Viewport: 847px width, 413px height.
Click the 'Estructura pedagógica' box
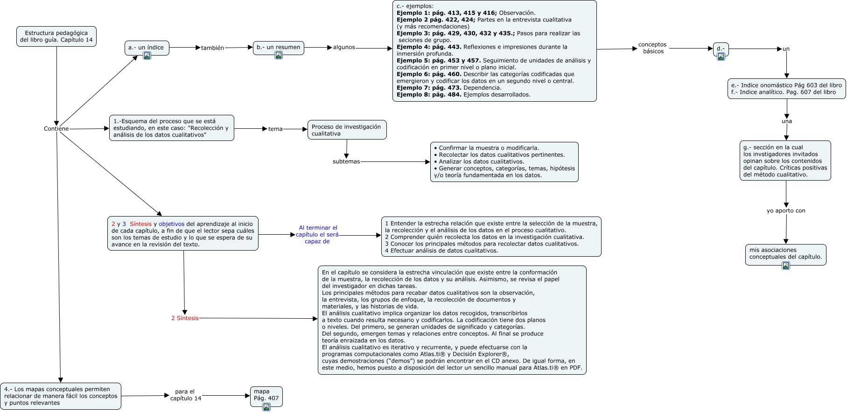coord(56,36)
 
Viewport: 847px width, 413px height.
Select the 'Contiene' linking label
coord(56,129)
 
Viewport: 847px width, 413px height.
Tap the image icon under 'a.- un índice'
coord(147,56)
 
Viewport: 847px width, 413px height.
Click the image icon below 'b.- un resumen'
coord(279,55)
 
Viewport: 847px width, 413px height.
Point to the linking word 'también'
coord(212,48)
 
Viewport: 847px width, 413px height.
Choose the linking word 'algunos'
coord(344,48)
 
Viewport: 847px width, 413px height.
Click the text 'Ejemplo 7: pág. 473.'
coord(429,88)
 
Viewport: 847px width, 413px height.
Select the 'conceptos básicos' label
coord(652,48)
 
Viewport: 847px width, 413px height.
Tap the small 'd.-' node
coord(721,49)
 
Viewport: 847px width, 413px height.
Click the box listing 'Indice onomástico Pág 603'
coord(786,89)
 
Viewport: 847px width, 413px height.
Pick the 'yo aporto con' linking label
coord(786,211)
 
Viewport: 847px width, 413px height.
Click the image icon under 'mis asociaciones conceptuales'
coord(786,266)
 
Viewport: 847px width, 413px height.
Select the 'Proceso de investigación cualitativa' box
coord(347,130)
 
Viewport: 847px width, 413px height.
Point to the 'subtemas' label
coord(346,162)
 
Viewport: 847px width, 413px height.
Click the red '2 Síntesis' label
coord(185,318)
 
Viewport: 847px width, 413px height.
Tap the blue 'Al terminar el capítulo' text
coord(317,235)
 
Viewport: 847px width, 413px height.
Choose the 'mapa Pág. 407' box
coord(266,395)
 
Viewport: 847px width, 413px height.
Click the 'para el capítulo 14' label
coord(185,395)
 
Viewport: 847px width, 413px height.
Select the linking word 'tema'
coord(275,129)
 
